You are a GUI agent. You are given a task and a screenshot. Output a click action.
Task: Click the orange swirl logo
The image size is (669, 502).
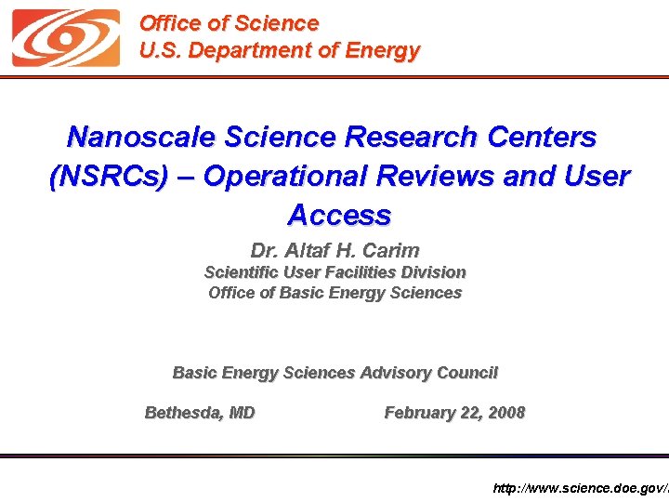click(x=66, y=38)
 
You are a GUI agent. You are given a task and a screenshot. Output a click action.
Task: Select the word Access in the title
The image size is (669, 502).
click(x=339, y=216)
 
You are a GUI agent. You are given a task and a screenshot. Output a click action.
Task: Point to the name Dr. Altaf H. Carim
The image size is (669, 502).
click(x=334, y=251)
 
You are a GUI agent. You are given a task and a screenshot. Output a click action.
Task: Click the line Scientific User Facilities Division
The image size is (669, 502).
click(x=334, y=272)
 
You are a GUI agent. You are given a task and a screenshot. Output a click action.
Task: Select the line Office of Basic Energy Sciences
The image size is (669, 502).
click(x=334, y=293)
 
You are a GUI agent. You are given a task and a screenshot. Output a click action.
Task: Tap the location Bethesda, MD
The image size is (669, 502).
click(x=200, y=413)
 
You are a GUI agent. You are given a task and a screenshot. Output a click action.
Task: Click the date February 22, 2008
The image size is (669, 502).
click(x=454, y=413)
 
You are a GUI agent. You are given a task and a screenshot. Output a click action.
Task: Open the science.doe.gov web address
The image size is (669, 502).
click(x=579, y=488)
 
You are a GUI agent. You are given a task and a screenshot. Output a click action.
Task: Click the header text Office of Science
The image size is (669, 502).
click(x=229, y=23)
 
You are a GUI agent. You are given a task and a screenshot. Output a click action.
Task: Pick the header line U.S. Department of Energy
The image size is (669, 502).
click(x=279, y=51)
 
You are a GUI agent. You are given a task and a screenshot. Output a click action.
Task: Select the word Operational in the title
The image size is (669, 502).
click(x=282, y=177)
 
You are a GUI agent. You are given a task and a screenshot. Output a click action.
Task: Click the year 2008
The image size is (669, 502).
click(x=506, y=413)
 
